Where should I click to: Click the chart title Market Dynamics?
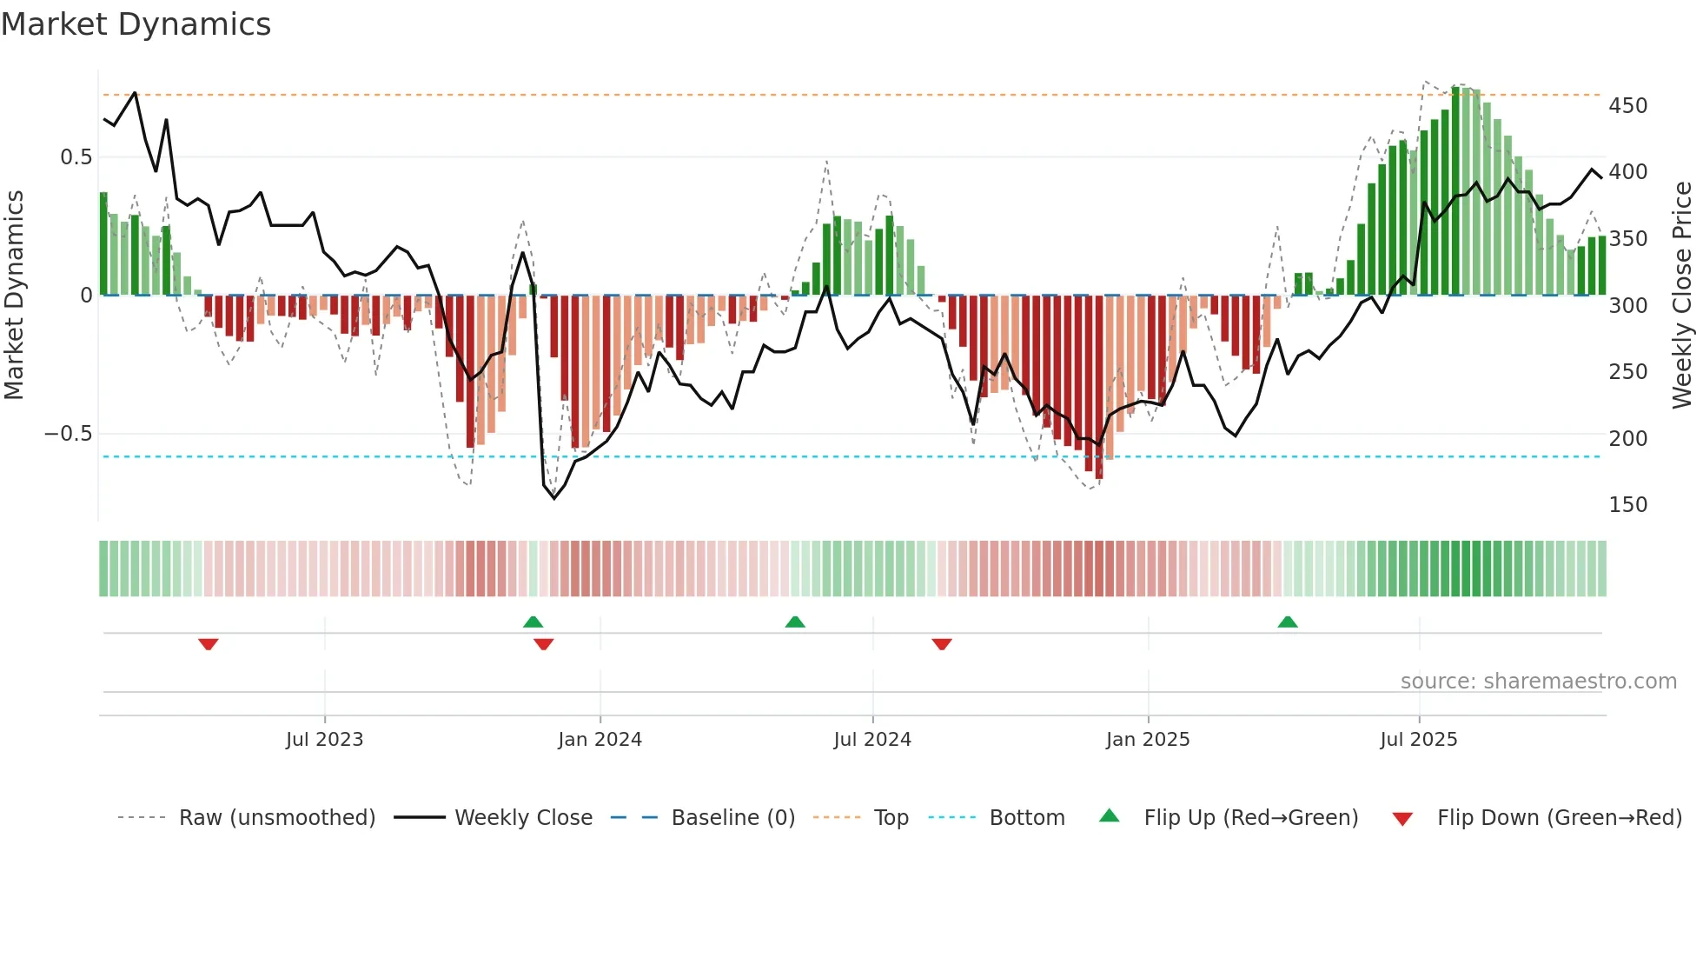136,24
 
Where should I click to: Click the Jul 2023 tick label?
324,740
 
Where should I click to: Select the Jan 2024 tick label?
600,740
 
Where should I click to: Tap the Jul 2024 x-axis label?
872,740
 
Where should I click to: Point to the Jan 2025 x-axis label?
1148,740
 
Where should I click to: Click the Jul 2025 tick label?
1419,740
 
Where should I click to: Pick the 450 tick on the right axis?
1627,106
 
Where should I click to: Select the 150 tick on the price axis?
1627,505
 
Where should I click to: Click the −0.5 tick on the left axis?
69,434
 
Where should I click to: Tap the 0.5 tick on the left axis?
76,157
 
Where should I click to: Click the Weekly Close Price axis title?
1682,296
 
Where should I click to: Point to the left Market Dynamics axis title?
14,296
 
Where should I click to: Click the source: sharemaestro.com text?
1538,682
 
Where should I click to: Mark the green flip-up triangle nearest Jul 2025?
1288,622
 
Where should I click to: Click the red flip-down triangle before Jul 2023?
208,644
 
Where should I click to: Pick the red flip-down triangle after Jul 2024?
942,644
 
